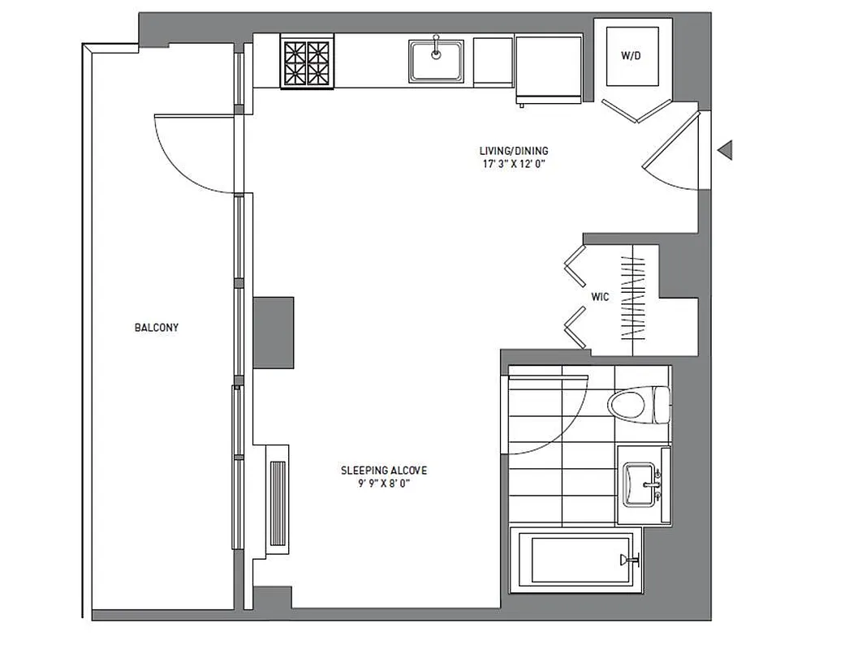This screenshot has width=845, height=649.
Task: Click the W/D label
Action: (631, 56)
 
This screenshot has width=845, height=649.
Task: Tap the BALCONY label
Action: (157, 328)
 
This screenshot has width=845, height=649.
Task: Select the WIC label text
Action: (600, 298)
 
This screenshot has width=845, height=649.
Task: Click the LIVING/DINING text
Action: (512, 151)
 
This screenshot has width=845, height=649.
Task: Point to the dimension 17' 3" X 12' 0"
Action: (512, 163)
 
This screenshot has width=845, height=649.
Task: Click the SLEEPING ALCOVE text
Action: (383, 471)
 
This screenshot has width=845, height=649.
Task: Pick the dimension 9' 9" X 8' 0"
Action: (383, 484)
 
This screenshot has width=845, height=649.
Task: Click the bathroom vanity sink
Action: (643, 484)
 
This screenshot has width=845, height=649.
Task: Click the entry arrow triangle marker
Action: (725, 149)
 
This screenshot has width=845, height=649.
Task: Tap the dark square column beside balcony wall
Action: (273, 333)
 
